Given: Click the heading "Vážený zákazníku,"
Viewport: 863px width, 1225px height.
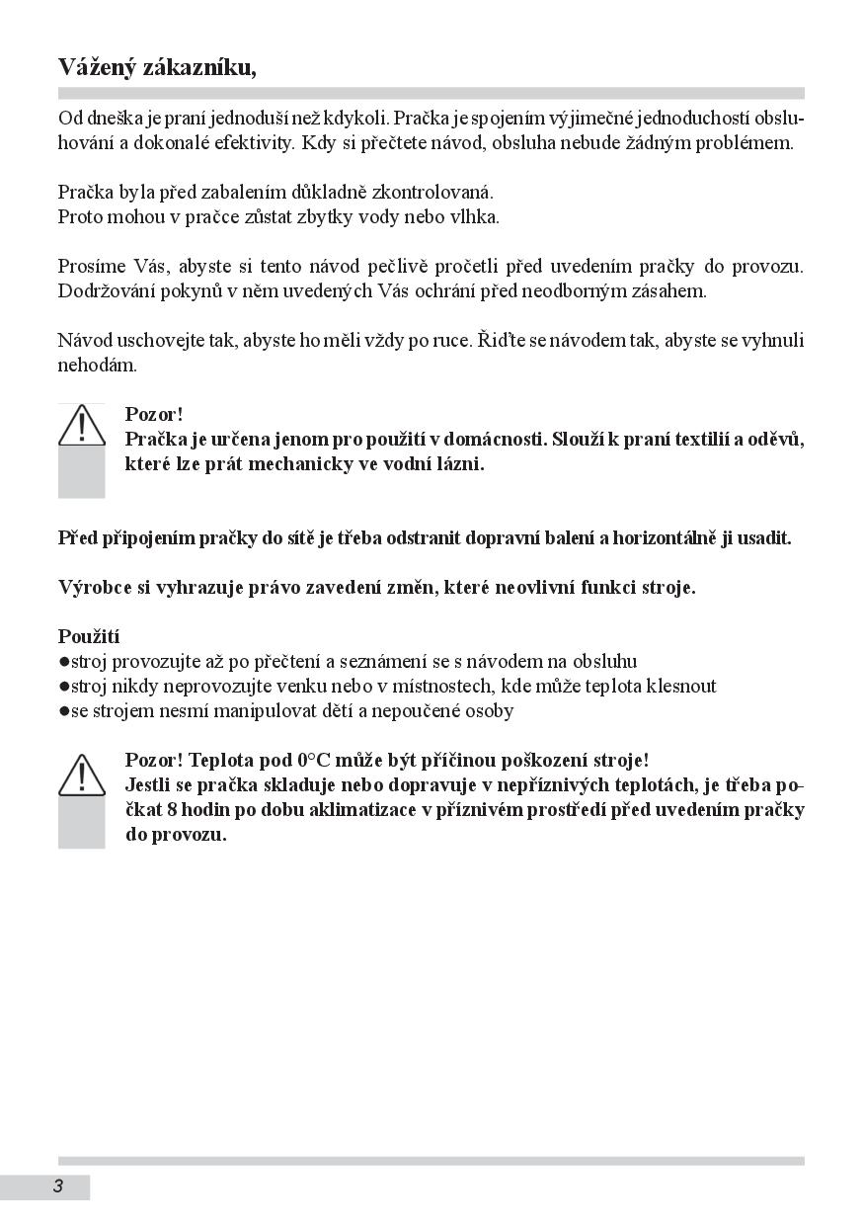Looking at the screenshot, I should coord(157,67).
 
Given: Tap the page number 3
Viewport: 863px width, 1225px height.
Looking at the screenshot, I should coord(58,1186).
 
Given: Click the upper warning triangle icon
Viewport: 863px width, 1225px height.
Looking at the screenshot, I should coord(81,425).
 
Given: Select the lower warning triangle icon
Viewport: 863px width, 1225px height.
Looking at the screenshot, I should coord(81,775).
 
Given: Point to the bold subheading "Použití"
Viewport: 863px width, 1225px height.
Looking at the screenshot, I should coord(89,636).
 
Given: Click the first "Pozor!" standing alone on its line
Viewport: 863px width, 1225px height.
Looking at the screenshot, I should coord(154,414).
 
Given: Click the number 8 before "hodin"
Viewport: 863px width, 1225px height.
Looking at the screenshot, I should coord(171,810).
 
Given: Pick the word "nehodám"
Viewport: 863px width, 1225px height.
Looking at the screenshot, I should coord(97,365).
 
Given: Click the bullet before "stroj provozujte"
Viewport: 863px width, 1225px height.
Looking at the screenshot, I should coord(64,662).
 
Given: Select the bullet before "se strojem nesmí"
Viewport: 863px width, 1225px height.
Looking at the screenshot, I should coord(64,711).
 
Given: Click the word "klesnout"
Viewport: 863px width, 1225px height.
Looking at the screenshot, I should coord(679,686).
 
